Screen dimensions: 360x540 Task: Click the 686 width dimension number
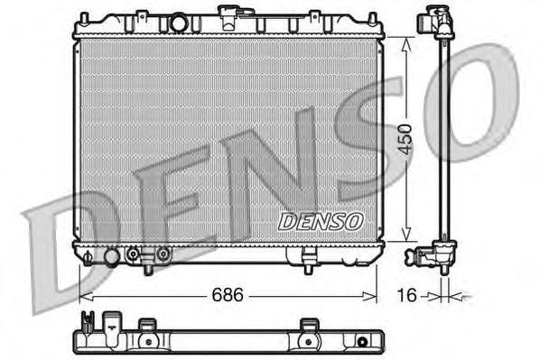(228, 295)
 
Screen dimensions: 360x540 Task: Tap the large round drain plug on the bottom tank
(112, 257)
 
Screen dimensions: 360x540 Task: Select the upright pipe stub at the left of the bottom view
(87, 320)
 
